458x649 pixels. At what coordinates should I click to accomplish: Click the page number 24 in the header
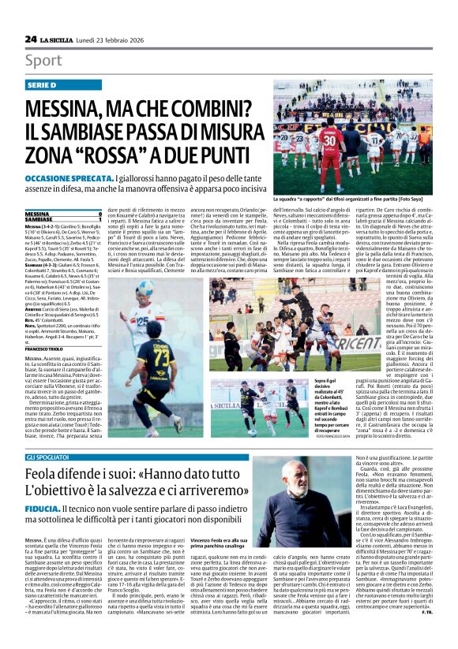tap(31, 39)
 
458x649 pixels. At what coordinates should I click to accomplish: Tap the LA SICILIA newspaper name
tap(59, 39)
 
